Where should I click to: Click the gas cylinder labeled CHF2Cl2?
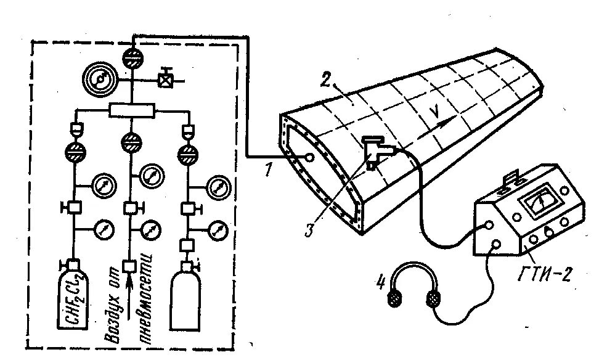(x=73, y=296)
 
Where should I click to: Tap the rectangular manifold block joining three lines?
(x=131, y=111)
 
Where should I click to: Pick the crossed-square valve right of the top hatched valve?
(x=164, y=80)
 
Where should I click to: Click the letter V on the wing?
(x=435, y=112)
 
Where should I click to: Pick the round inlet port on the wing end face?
(x=309, y=158)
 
